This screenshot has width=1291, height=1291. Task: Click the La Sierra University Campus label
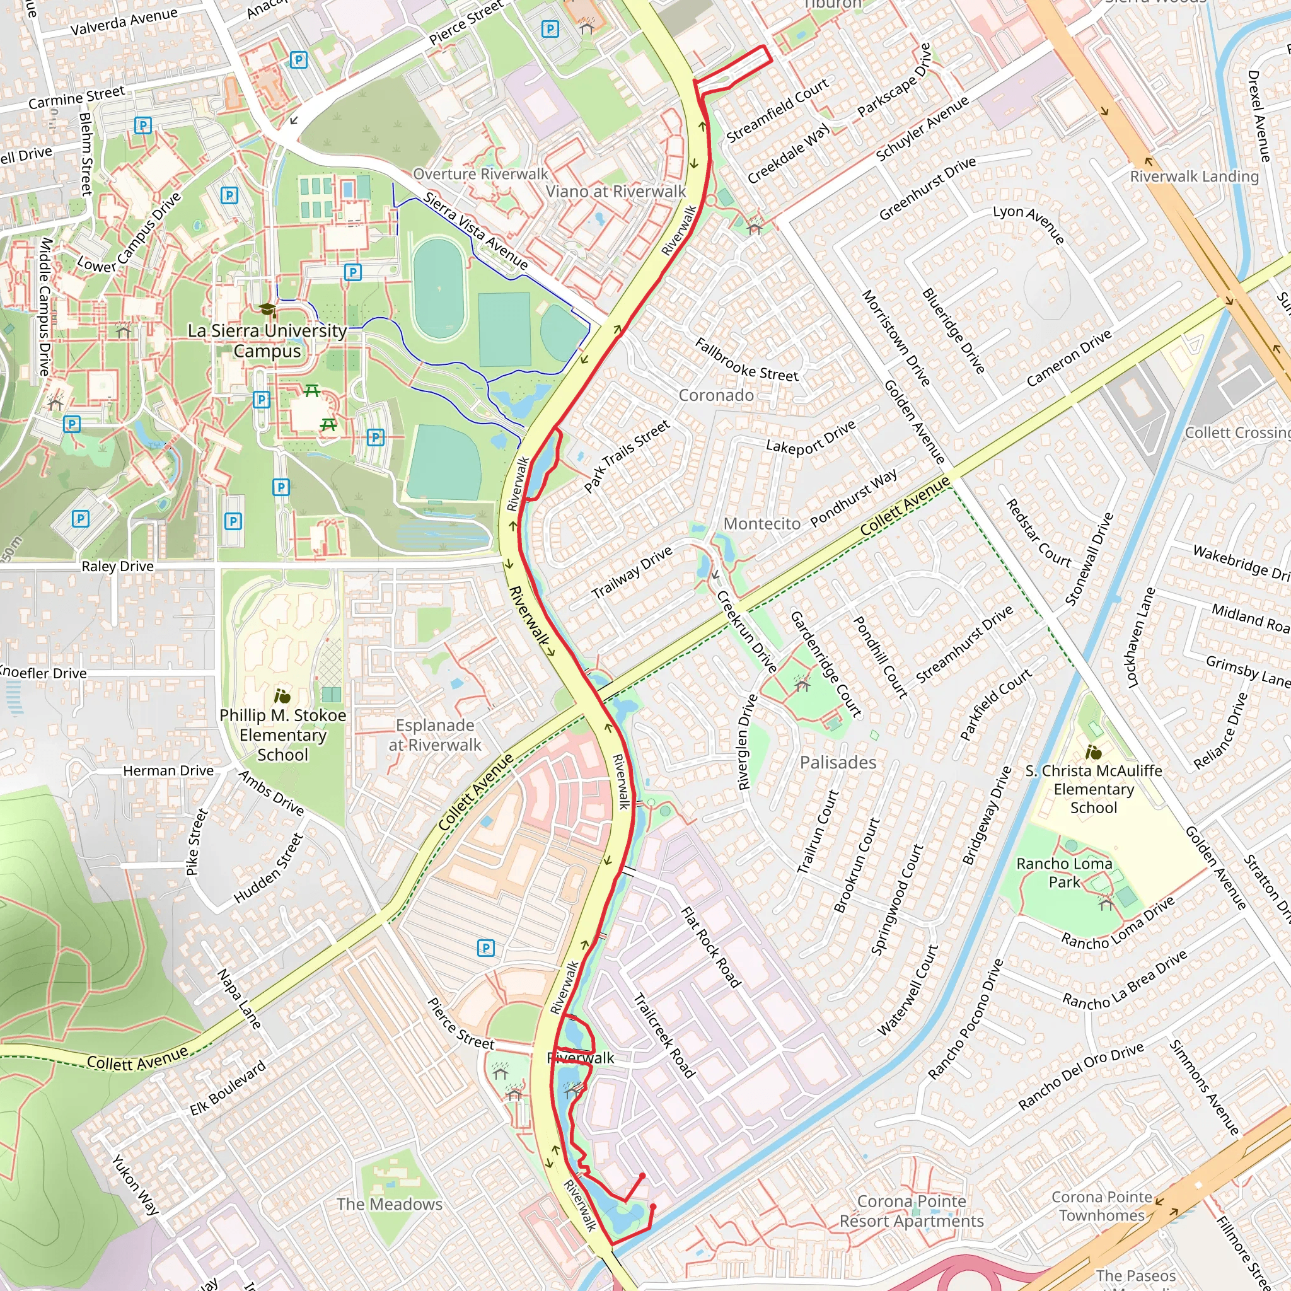pyautogui.click(x=267, y=341)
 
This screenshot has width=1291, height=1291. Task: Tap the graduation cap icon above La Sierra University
pyautogui.click(x=267, y=310)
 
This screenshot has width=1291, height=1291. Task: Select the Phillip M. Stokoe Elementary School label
pyautogui.click(x=282, y=735)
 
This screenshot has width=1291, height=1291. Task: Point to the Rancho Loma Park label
pyautogui.click(x=1065, y=872)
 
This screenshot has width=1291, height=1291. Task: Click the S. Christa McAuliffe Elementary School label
pyautogui.click(x=1094, y=789)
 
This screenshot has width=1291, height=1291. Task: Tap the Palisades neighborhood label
pyautogui.click(x=838, y=763)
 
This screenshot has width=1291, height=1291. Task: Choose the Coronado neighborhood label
pyautogui.click(x=716, y=396)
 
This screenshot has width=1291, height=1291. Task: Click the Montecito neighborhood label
pyautogui.click(x=761, y=524)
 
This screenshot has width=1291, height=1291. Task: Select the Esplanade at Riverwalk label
pyautogui.click(x=435, y=735)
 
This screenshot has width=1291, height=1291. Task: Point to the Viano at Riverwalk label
pyautogui.click(x=615, y=192)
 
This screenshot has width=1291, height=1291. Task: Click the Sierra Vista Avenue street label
pyautogui.click(x=476, y=231)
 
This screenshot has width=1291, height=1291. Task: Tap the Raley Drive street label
pyautogui.click(x=118, y=567)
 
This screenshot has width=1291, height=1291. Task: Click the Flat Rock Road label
pyautogui.click(x=710, y=947)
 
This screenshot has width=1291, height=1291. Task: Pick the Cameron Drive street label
pyautogui.click(x=1069, y=358)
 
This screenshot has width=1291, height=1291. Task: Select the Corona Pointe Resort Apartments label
pyautogui.click(x=912, y=1212)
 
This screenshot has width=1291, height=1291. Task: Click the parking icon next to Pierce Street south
pyautogui.click(x=486, y=947)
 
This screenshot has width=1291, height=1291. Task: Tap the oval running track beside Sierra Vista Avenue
pyautogui.click(x=439, y=289)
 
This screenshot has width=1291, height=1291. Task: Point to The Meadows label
pyautogui.click(x=390, y=1204)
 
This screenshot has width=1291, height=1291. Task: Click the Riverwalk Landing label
pyautogui.click(x=1194, y=177)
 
